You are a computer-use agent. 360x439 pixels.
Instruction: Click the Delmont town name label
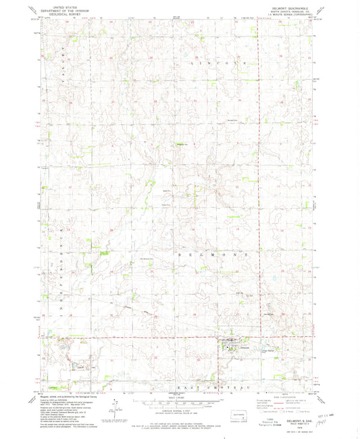point(237,347)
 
